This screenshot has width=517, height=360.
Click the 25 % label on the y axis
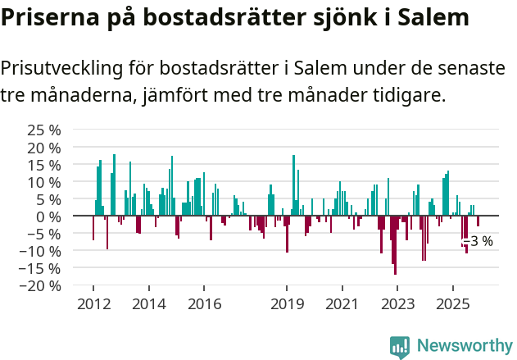point(44,130)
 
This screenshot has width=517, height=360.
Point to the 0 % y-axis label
point(48,216)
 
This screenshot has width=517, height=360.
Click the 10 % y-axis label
point(44,182)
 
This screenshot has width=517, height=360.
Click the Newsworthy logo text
point(464,346)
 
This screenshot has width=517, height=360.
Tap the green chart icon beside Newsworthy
point(400,347)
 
